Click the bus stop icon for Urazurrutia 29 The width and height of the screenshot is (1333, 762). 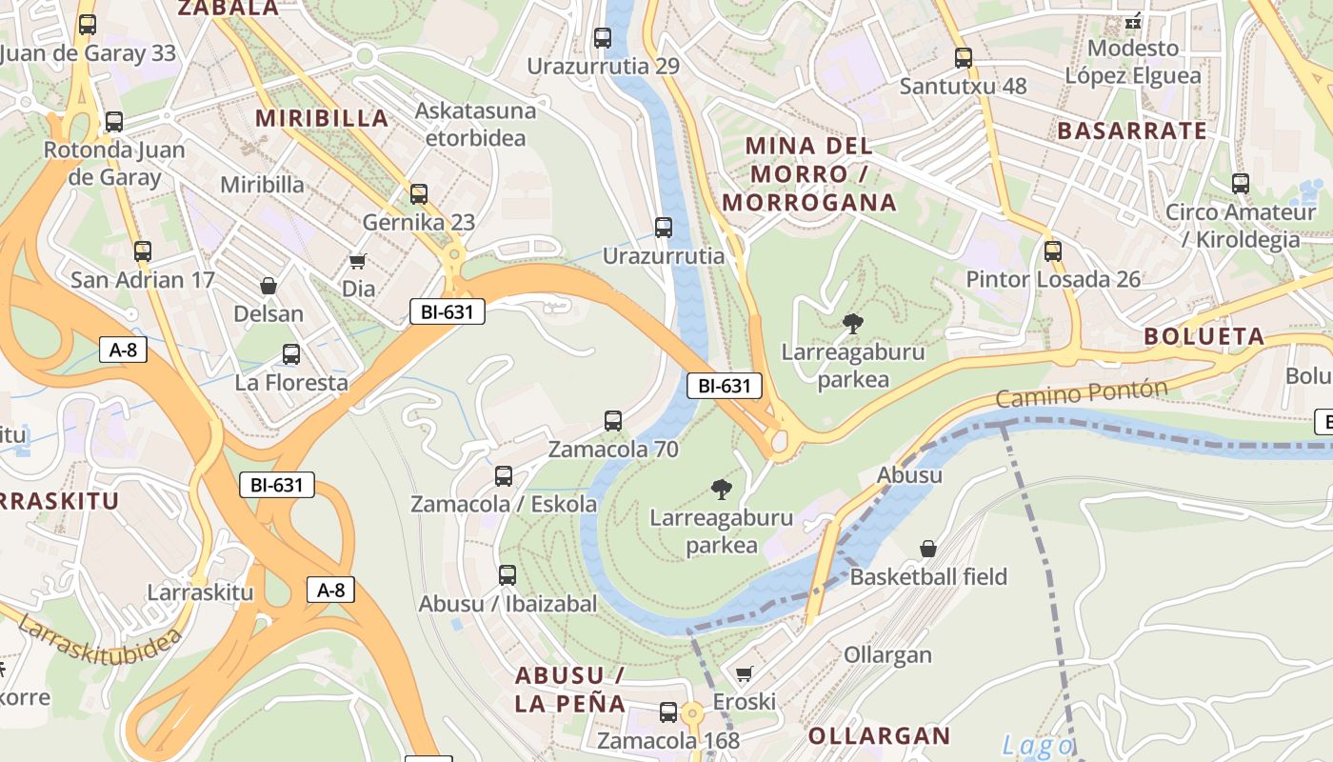point(603,38)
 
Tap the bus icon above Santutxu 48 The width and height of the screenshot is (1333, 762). point(963,58)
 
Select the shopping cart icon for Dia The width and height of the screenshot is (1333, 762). point(358,261)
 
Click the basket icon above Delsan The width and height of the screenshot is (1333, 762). point(269,286)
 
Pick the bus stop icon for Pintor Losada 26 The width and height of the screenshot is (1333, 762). point(1052,251)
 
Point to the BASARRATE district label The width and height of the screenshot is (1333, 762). point(1131,130)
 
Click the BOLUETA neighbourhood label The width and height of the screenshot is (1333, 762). point(1204,336)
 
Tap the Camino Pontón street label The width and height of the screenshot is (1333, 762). point(1082,392)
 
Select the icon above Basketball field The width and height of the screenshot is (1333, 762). point(927,549)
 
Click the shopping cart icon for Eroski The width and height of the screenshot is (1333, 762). point(745,673)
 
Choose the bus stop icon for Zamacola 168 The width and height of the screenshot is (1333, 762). point(668,712)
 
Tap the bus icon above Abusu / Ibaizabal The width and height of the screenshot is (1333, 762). point(507,575)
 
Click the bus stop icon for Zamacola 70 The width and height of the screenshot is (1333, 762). point(613,421)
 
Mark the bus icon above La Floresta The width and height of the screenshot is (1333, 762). point(291,354)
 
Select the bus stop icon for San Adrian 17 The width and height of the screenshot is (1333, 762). point(143,251)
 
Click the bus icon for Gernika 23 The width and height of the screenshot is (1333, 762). point(419,194)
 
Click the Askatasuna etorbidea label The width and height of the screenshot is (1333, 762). point(474,124)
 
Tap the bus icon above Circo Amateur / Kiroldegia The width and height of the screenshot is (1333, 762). point(1240,184)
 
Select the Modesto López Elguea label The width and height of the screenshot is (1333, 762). point(1132,62)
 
